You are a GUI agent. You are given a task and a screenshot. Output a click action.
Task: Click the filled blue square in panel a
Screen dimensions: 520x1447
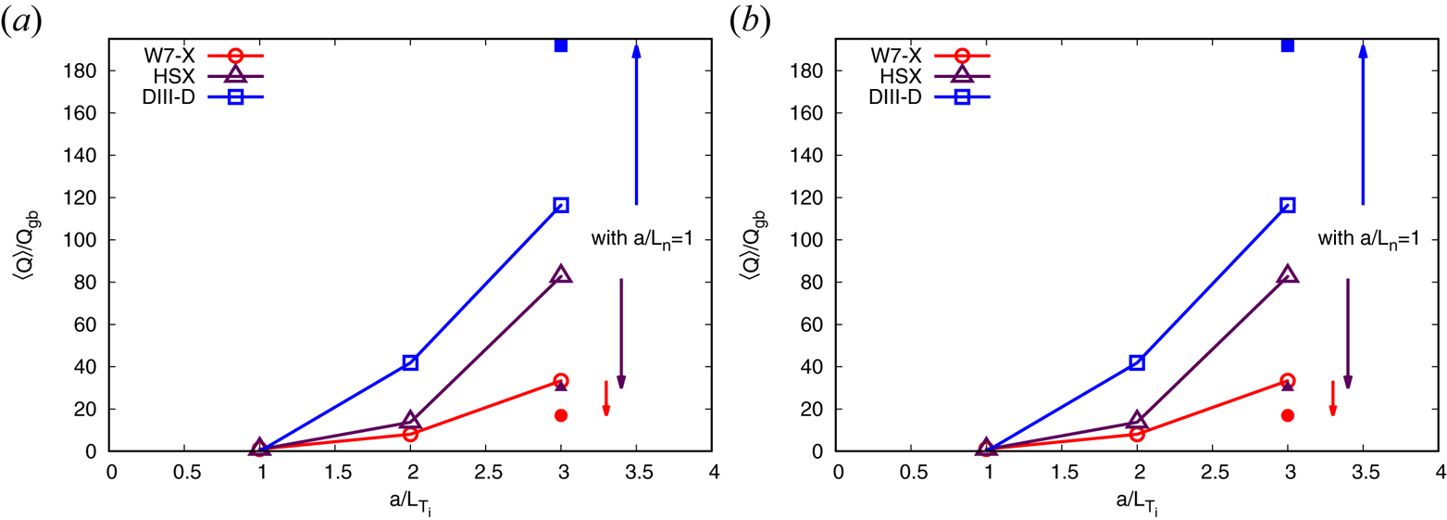point(561,45)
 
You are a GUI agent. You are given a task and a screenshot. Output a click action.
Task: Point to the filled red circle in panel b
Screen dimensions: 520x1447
point(1287,415)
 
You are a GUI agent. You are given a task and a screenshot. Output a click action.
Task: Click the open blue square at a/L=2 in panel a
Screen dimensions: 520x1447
point(410,362)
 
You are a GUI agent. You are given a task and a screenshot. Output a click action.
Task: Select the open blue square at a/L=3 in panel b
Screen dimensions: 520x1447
point(1287,205)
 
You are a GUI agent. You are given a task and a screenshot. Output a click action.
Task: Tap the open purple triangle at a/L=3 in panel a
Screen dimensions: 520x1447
point(561,274)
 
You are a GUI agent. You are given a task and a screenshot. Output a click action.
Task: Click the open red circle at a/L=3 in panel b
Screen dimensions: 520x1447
point(1287,381)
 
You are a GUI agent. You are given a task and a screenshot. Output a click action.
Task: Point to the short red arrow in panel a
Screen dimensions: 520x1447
point(606,398)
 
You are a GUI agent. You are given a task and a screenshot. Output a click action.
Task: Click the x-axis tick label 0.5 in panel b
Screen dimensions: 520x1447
point(912,471)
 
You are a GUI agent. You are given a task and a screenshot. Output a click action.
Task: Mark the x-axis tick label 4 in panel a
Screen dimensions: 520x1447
point(712,471)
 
